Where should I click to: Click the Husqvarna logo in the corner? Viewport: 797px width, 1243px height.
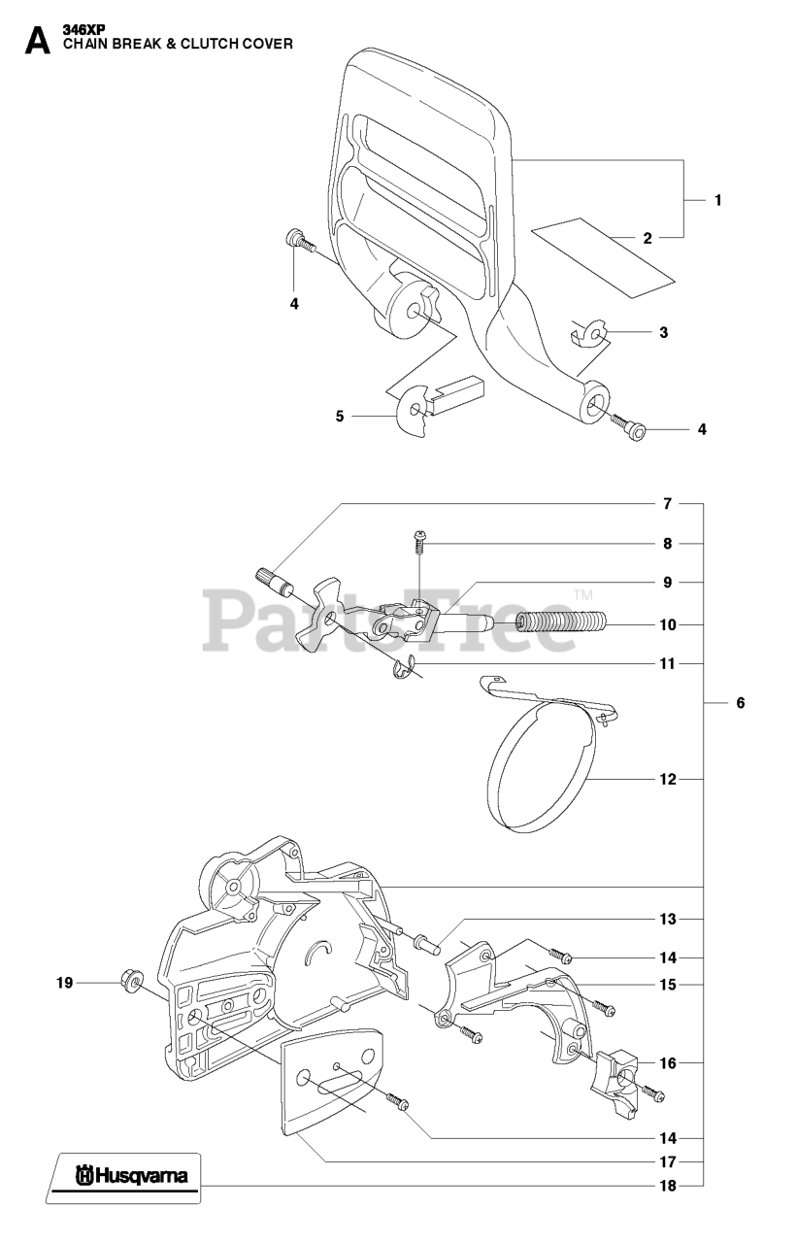(126, 1178)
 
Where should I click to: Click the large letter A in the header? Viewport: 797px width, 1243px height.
(37, 40)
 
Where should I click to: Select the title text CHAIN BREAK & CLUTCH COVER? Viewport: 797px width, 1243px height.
(178, 44)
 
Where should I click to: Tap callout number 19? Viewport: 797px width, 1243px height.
(64, 984)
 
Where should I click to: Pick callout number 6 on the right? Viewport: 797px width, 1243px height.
(740, 702)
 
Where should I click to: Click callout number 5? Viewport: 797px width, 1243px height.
(340, 417)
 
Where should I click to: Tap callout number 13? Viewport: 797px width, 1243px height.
(667, 919)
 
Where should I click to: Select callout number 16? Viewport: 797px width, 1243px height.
(667, 1063)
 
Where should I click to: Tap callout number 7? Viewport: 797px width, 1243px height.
(667, 504)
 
